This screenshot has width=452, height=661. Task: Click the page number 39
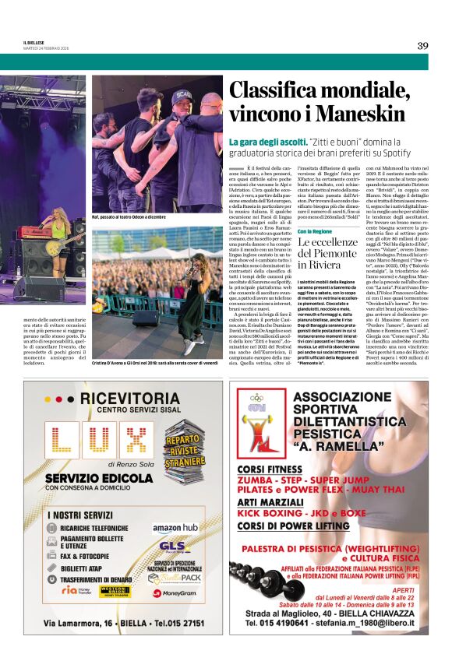[x=422, y=45]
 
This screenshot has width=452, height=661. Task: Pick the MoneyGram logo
[x=175, y=592]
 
